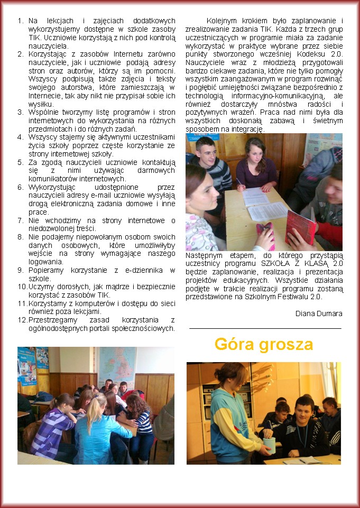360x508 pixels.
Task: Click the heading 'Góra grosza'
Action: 264,345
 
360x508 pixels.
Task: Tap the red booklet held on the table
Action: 300,226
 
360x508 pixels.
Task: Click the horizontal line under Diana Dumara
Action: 265,328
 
